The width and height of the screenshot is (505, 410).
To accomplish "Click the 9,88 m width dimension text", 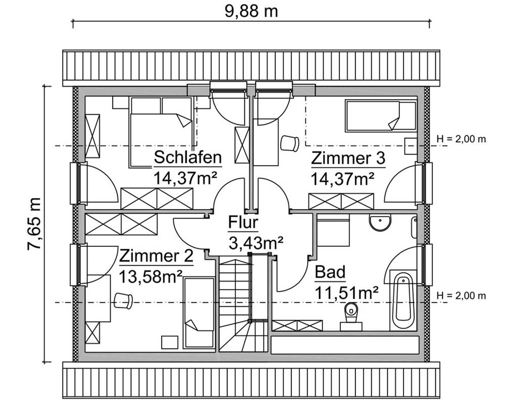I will [x=251, y=10].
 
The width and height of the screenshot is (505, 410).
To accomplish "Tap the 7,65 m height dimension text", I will [x=34, y=223].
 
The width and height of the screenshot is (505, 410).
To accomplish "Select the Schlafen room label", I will [x=188, y=158].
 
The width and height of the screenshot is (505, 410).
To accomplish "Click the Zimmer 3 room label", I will [x=348, y=159].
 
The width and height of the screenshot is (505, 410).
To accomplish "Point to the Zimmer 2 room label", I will [x=157, y=257].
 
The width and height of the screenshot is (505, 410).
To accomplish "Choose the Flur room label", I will [x=243, y=222].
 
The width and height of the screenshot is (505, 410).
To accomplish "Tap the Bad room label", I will [x=330, y=273].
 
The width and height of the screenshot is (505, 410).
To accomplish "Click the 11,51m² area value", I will [x=347, y=292].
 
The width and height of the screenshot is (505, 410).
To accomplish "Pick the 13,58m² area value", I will [x=150, y=276].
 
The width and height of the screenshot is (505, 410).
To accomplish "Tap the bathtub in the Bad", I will [x=402, y=298].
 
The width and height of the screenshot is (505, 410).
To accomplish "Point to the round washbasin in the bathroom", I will [x=379, y=222].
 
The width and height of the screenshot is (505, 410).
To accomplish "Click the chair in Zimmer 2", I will [x=123, y=300].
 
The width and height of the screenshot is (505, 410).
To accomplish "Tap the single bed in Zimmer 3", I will [x=380, y=116].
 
